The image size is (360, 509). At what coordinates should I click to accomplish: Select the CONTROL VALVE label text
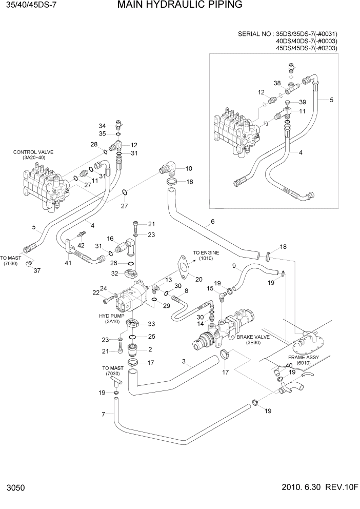point(33,152)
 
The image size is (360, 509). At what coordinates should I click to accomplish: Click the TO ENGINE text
point(206,252)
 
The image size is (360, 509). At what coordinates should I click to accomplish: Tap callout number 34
point(102,126)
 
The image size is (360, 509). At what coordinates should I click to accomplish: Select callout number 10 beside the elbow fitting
point(189,168)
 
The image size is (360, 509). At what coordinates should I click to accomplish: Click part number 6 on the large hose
point(211,222)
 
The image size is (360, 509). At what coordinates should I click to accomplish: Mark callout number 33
point(151,324)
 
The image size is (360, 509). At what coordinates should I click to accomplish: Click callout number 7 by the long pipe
point(104,414)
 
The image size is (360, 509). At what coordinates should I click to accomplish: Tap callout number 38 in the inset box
point(277,83)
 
